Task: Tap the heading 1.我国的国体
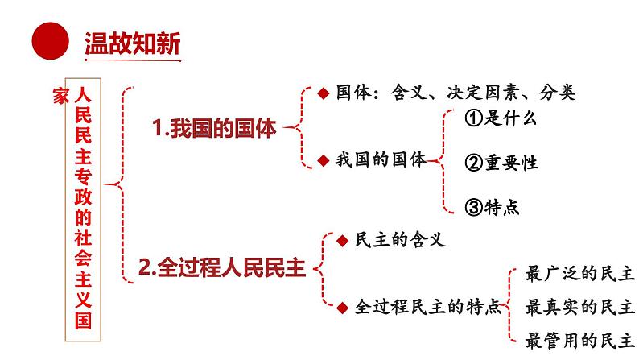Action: (214, 128)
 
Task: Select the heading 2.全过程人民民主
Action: (221, 267)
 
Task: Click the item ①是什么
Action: (501, 118)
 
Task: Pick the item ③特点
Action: (493, 206)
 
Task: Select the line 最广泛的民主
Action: (579, 274)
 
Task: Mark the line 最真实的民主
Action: (579, 307)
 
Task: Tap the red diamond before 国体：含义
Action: (322, 93)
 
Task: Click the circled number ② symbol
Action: (473, 162)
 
